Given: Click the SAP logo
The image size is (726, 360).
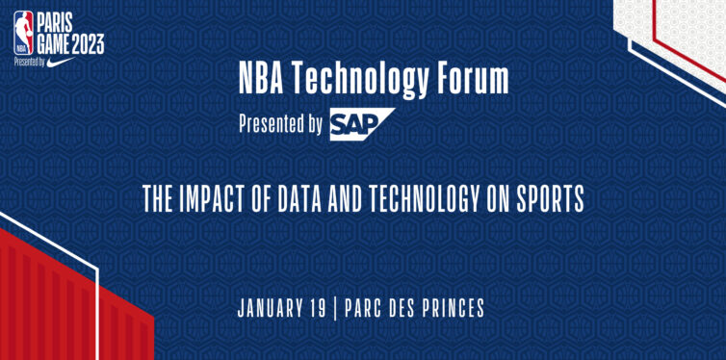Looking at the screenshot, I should click(x=362, y=124).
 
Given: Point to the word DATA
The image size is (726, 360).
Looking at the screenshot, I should click(x=303, y=200).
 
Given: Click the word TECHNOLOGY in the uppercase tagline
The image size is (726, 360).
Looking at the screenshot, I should click(x=432, y=200).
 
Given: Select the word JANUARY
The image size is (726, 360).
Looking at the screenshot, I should click(x=272, y=309).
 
